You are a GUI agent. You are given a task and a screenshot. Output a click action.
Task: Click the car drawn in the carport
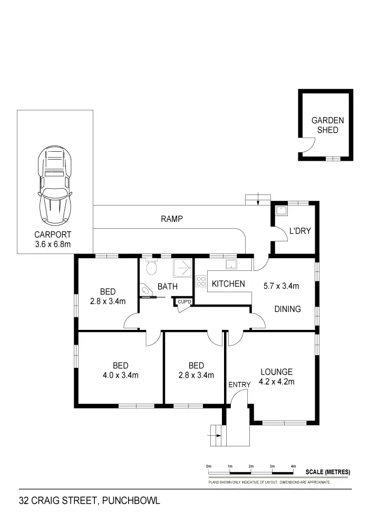(55, 184)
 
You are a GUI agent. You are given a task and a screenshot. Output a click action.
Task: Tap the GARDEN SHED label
(327, 125)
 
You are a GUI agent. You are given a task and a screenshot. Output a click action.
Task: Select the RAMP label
(172, 219)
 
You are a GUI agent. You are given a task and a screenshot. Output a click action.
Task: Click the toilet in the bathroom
(151, 267)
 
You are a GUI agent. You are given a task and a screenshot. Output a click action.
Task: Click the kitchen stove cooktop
(200, 281)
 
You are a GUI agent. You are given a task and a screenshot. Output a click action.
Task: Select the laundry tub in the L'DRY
(282, 210)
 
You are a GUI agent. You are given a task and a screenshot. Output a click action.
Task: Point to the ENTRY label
(239, 385)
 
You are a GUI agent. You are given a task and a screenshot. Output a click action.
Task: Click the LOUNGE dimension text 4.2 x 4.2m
(277, 382)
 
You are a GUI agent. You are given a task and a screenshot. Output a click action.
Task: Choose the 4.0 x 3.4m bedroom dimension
(121, 375)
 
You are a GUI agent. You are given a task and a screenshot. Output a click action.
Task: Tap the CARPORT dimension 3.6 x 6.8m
(53, 244)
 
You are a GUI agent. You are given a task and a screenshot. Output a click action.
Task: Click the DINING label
(287, 309)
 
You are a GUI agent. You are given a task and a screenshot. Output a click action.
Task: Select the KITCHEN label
(228, 284)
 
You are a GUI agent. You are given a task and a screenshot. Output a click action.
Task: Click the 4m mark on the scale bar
(293, 467)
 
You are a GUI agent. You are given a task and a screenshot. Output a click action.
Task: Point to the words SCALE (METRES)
(327, 472)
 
